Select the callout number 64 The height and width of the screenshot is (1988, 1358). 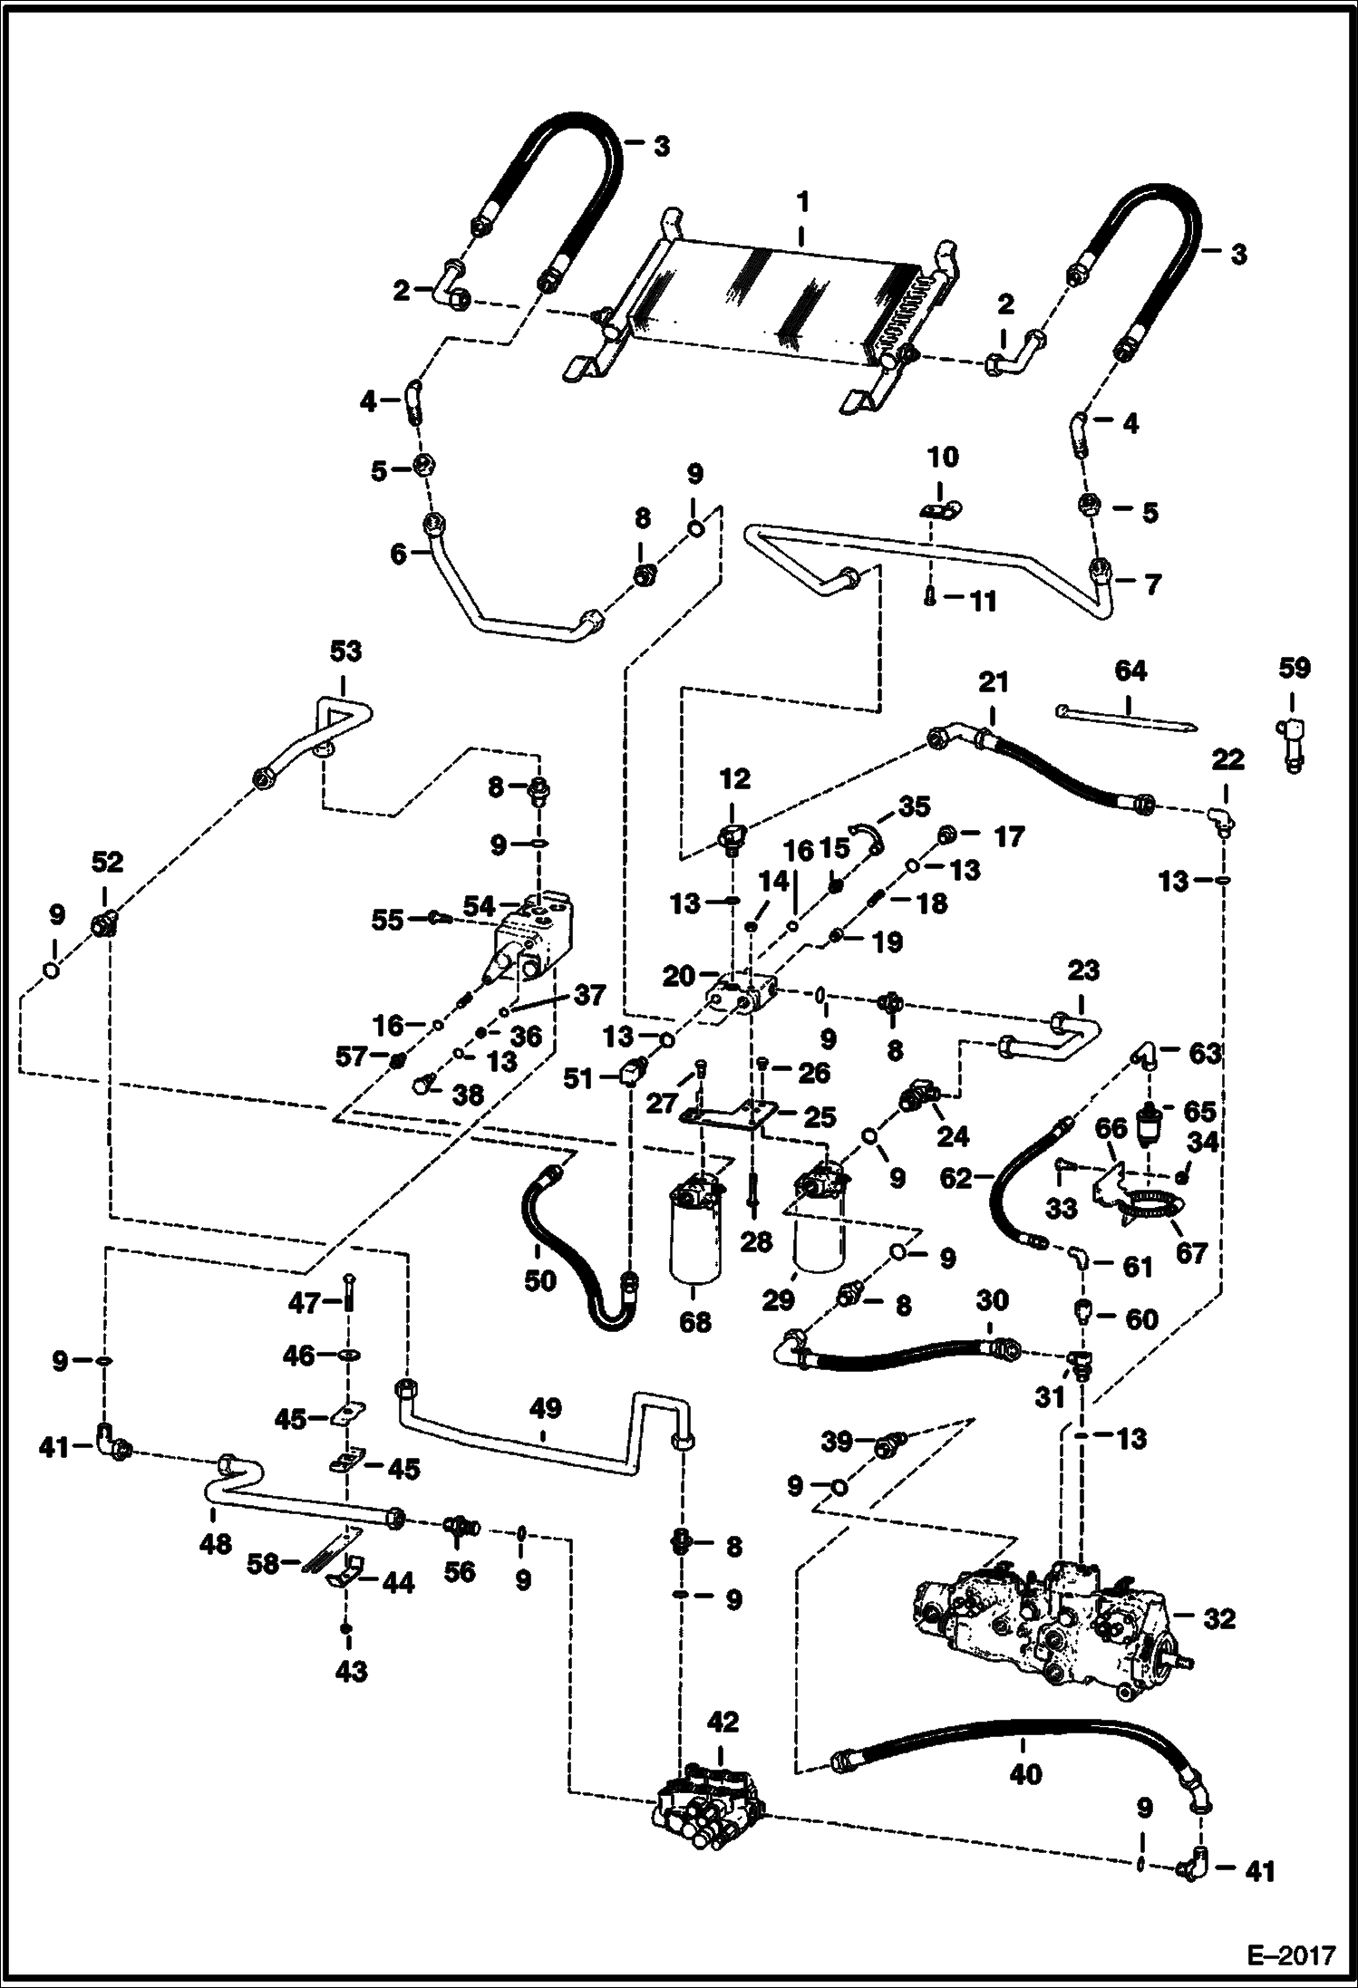pos(1130,671)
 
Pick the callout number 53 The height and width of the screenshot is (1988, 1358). pos(345,651)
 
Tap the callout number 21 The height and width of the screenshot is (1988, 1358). pos(994,682)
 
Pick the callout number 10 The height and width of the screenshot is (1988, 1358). pos(943,457)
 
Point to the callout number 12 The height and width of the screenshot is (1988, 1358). pos(734,778)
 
